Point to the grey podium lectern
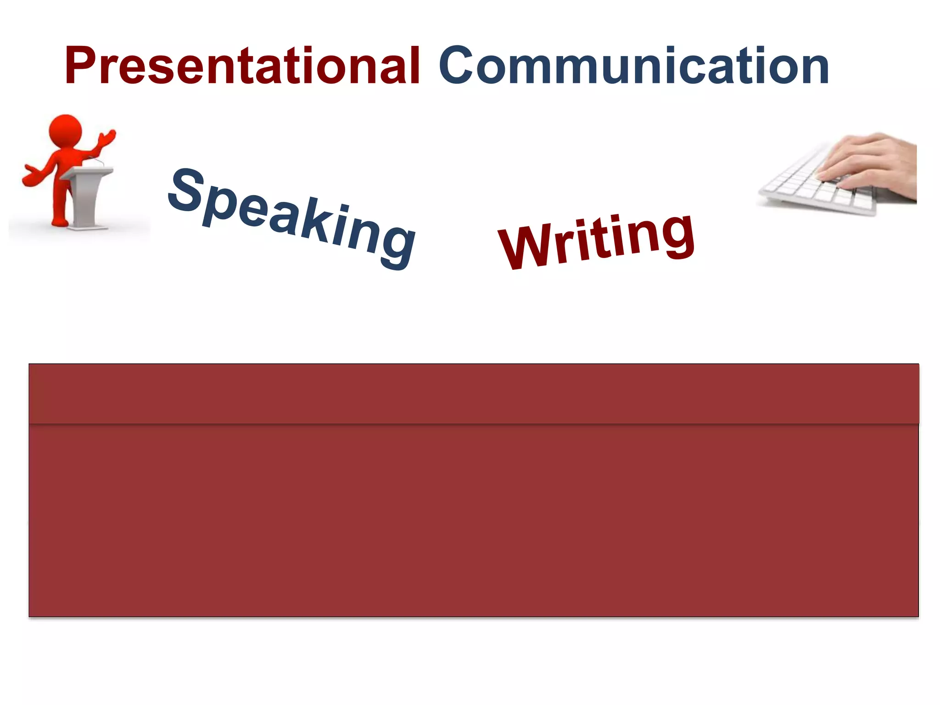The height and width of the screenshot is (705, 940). coord(87,195)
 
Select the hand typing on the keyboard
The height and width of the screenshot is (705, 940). coord(867,161)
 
